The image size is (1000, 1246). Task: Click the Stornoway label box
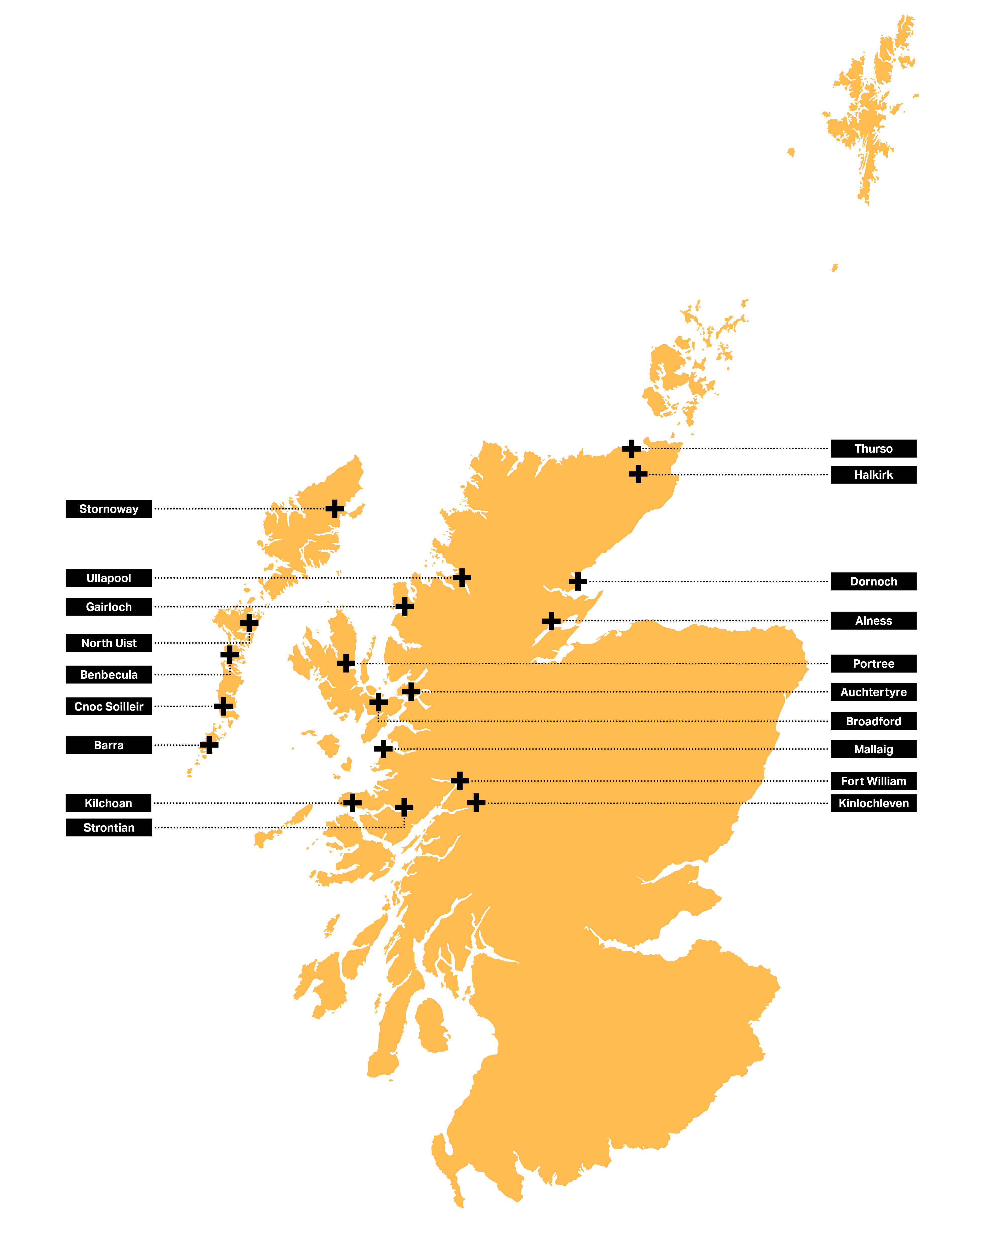click(x=109, y=509)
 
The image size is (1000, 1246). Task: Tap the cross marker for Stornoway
click(x=335, y=509)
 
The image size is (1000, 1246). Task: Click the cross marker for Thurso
click(x=631, y=449)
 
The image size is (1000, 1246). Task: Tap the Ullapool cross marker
click(x=462, y=577)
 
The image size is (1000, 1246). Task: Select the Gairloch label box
click(x=109, y=607)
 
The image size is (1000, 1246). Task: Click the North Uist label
click(x=109, y=643)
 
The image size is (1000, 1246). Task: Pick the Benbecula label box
click(x=109, y=674)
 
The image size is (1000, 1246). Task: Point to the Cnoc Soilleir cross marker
click(x=223, y=706)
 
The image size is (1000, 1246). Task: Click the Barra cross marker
click(x=209, y=745)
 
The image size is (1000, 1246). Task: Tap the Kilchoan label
click(x=109, y=803)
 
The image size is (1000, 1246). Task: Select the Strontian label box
click(x=109, y=828)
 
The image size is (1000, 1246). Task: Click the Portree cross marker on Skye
click(x=346, y=663)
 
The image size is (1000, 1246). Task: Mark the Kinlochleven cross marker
click(x=476, y=803)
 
